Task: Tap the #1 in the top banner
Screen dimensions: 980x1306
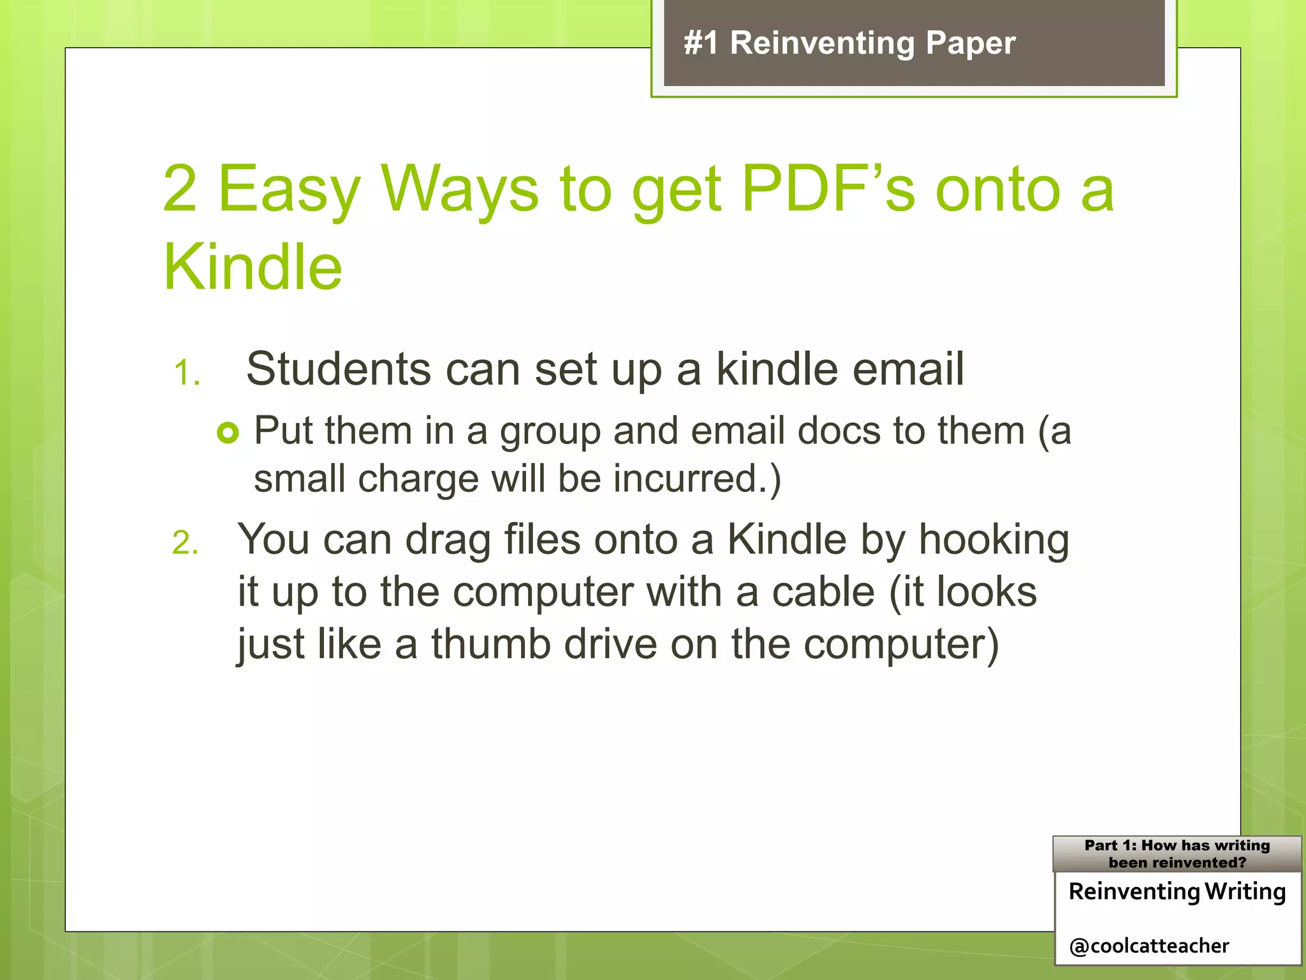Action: [701, 44]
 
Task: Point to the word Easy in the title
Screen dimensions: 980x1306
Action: [290, 189]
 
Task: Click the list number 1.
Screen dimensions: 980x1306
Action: [186, 373]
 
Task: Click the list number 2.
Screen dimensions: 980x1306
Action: [185, 544]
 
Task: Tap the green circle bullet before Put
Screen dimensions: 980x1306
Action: [228, 433]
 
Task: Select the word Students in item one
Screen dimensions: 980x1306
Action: [339, 369]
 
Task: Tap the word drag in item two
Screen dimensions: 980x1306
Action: [448, 541]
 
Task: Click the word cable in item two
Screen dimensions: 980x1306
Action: [823, 592]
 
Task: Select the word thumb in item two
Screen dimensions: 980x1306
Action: [490, 644]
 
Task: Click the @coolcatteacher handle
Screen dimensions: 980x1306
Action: [1149, 946]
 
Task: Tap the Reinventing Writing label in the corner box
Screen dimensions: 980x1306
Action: [1177, 891]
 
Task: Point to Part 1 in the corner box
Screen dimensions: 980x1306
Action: [1110, 845]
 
